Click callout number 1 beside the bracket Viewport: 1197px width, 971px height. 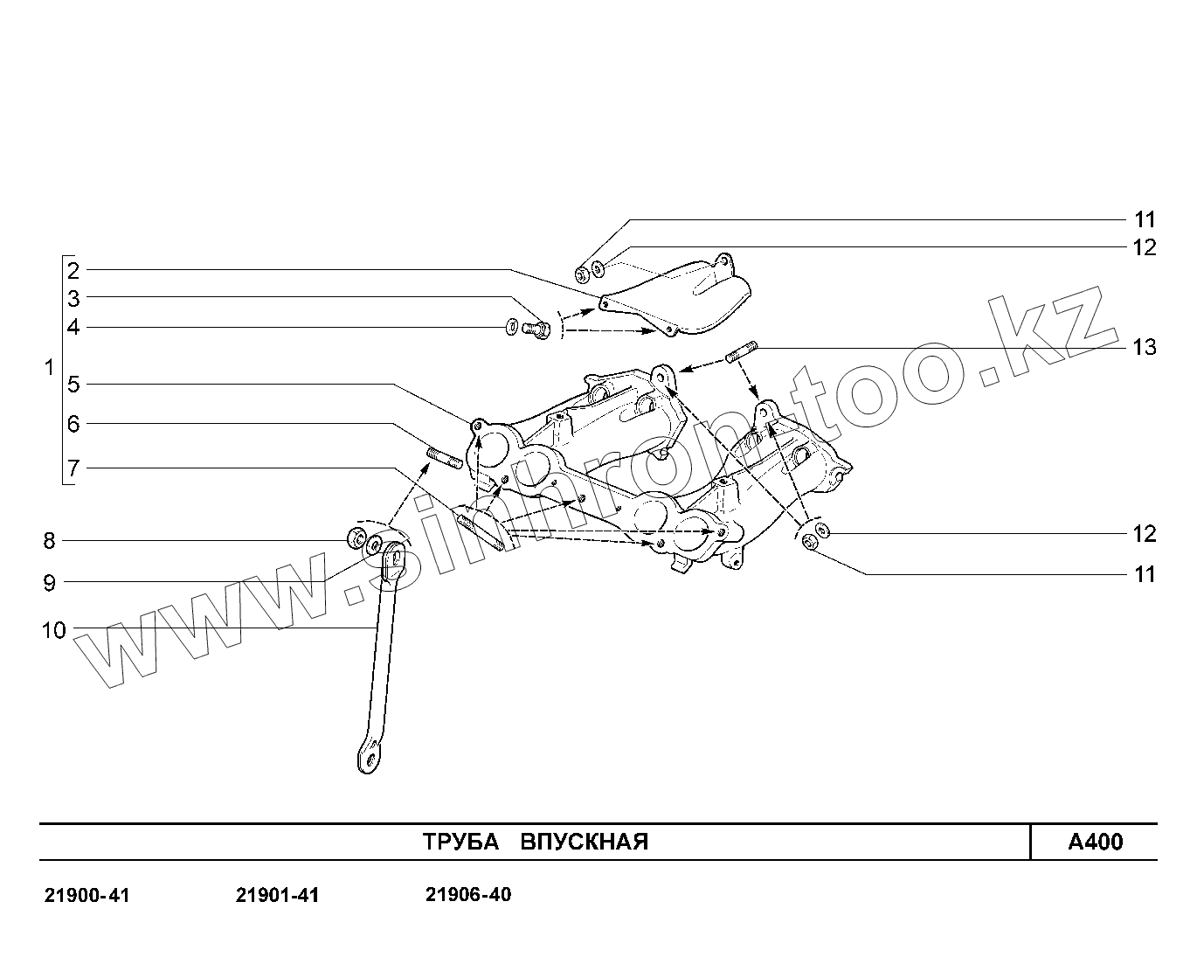point(49,367)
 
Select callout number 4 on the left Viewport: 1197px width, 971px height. point(73,328)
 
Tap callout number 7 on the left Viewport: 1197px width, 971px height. point(73,469)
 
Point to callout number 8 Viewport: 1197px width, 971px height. point(49,541)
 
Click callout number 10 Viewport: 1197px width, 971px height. point(53,629)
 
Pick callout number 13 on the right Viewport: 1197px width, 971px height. point(1144,348)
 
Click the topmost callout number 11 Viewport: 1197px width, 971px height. point(1145,219)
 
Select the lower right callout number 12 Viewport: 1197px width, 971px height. point(1145,534)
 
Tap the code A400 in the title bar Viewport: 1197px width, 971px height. point(1096,843)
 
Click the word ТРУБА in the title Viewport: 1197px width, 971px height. point(460,843)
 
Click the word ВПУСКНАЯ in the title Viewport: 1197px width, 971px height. point(585,843)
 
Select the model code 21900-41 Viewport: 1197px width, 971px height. point(86,896)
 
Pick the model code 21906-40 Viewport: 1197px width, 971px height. point(468,895)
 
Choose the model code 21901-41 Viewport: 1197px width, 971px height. point(278,896)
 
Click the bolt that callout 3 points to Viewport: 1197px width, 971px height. point(536,329)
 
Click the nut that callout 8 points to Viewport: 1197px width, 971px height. point(356,537)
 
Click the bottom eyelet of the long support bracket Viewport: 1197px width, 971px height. point(370,757)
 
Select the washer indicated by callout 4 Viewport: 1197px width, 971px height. point(510,329)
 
